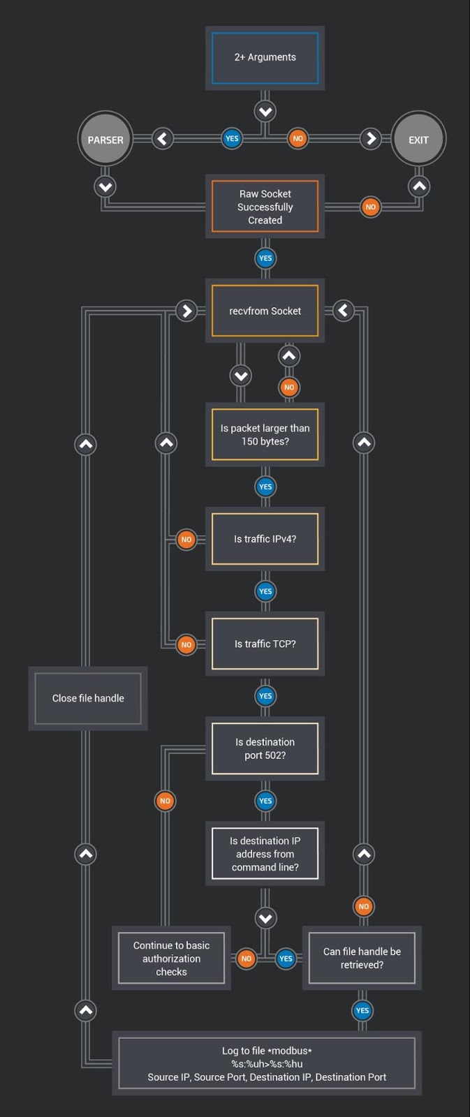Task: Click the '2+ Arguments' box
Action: click(x=265, y=58)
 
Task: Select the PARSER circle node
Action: click(x=105, y=140)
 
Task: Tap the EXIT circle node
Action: click(x=418, y=140)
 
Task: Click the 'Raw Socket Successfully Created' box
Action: click(x=265, y=207)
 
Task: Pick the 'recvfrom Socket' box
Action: click(x=265, y=311)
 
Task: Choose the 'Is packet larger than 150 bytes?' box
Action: click(x=265, y=434)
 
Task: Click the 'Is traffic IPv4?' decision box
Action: click(x=265, y=539)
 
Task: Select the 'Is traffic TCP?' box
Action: click(x=265, y=644)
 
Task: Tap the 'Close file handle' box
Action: click(x=88, y=698)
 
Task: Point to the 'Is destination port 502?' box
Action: click(x=265, y=748)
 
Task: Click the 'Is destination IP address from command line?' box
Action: click(x=265, y=854)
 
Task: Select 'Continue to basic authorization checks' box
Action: click(x=171, y=959)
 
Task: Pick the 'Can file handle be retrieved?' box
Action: click(x=362, y=959)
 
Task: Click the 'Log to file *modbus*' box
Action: click(x=267, y=1063)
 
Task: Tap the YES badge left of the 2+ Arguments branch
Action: click(x=232, y=138)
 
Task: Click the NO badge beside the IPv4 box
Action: click(x=186, y=540)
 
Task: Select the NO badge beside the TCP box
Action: click(x=186, y=644)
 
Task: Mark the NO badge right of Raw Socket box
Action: click(x=371, y=207)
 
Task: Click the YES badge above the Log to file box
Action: click(x=362, y=1010)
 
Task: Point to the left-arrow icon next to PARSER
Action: click(x=162, y=138)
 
